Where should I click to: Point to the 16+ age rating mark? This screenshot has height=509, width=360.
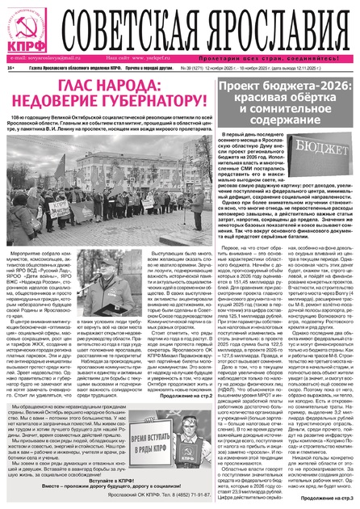(x=9, y=69)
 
